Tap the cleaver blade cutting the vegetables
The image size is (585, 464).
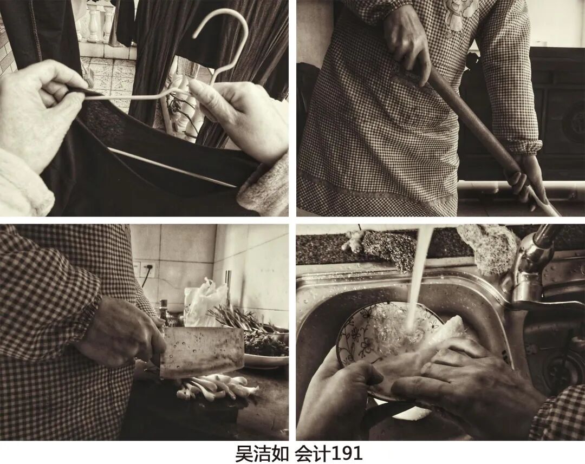coord(202,351)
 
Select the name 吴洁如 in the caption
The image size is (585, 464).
coord(262,454)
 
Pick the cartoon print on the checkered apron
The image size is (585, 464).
coord(461,16)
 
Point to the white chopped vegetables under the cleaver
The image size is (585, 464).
coord(216,388)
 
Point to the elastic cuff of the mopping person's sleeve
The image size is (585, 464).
coord(526,146)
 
